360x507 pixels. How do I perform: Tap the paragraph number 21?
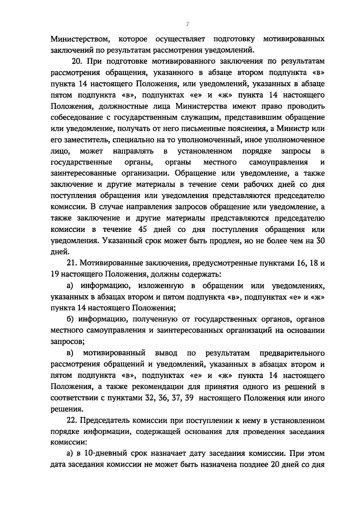(x=72, y=263)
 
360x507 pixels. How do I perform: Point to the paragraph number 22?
(x=72, y=421)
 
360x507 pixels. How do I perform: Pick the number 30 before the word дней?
(x=319, y=241)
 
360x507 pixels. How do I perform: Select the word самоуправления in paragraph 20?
(x=278, y=162)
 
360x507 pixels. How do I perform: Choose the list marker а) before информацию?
(x=70, y=286)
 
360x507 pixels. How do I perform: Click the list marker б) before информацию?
(x=70, y=319)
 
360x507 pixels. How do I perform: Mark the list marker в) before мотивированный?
(x=70, y=353)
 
